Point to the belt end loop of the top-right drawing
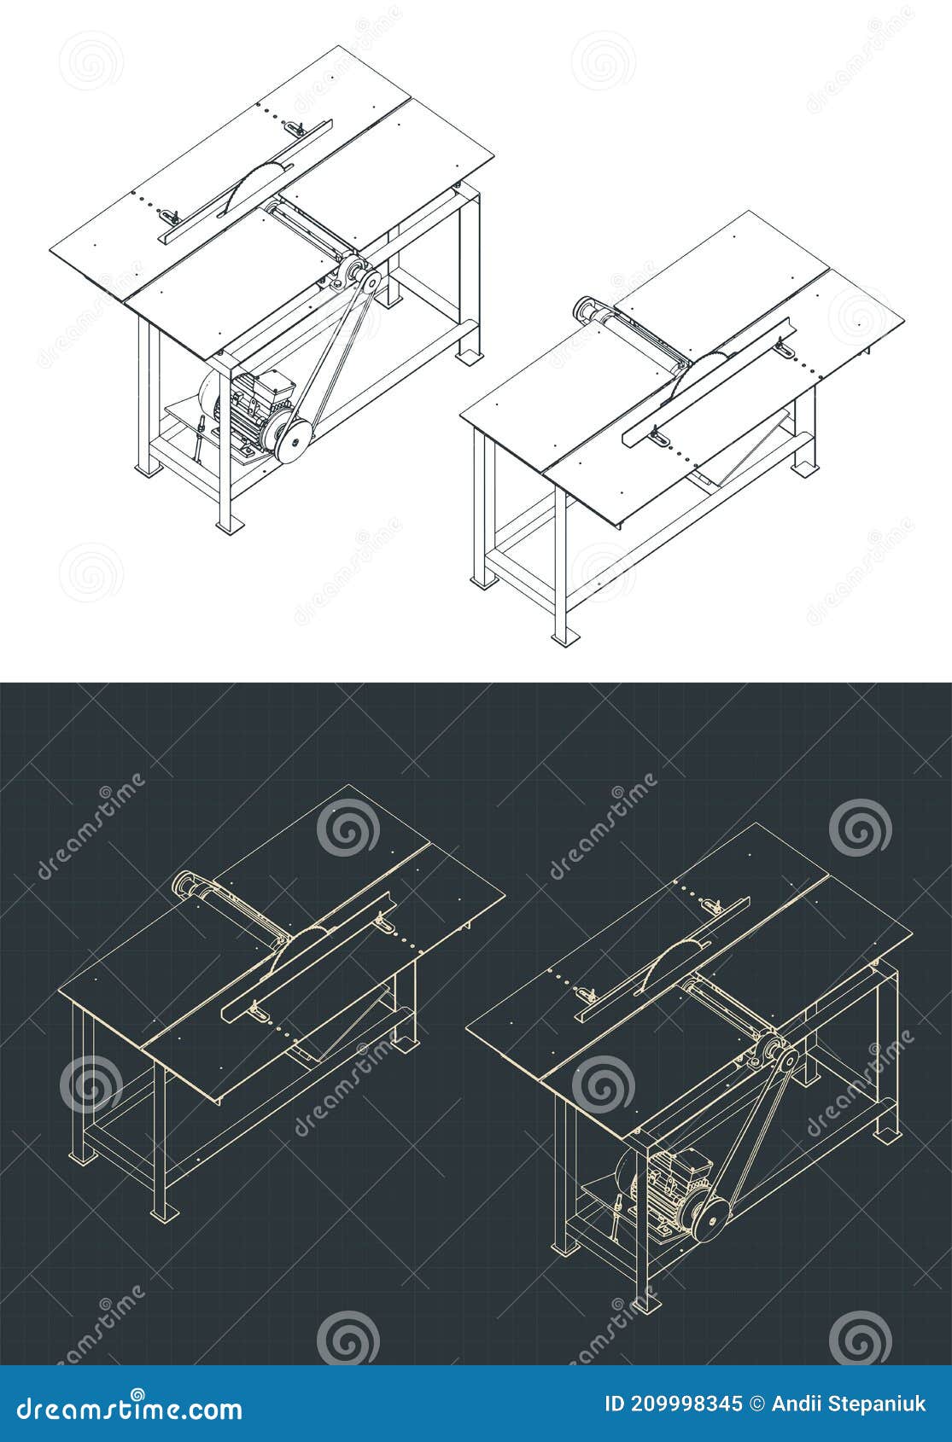[x=587, y=308]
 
